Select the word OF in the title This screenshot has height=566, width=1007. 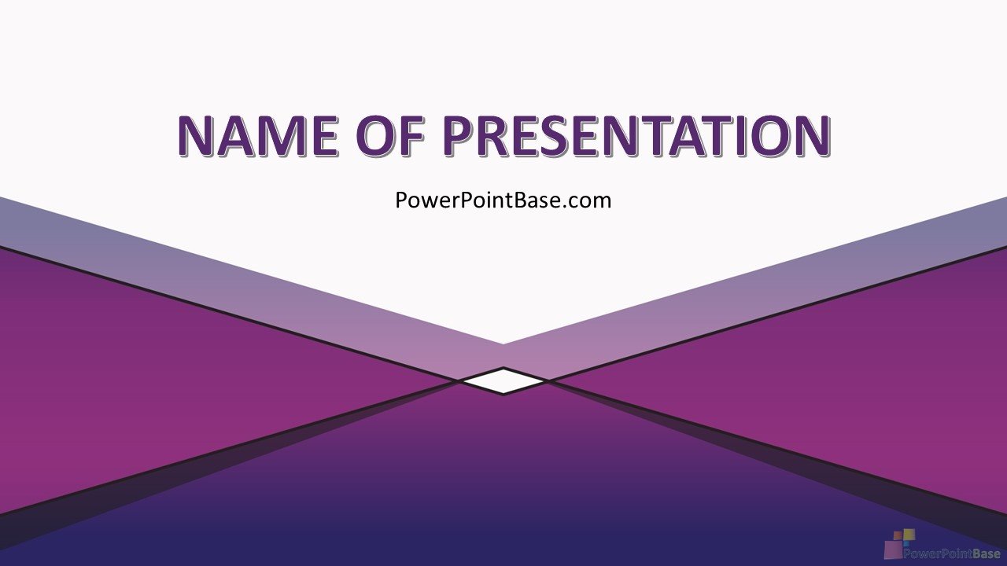click(x=392, y=136)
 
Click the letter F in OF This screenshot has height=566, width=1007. click(x=411, y=136)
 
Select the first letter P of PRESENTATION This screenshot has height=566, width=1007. click(x=459, y=136)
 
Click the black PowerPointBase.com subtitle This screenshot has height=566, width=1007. click(x=503, y=200)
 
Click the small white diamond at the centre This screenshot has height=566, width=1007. click(x=503, y=381)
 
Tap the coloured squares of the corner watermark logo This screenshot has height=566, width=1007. click(x=900, y=542)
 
